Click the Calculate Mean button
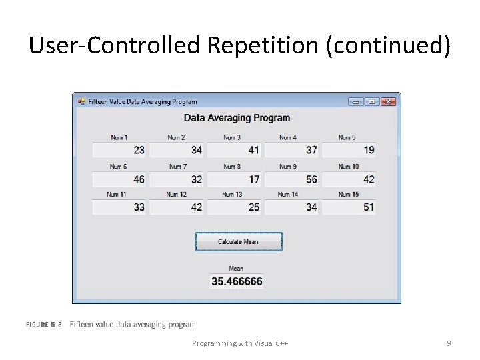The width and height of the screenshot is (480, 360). pyautogui.click(x=239, y=241)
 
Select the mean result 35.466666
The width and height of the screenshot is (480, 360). pyautogui.click(x=237, y=282)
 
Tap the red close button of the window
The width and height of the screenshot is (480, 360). pyautogui.click(x=389, y=101)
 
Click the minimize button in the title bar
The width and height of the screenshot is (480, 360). pyautogui.click(x=355, y=101)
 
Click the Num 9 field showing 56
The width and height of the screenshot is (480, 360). pyautogui.click(x=292, y=179)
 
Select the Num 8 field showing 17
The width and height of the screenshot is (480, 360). pyautogui.click(x=235, y=179)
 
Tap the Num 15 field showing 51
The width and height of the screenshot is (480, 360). pyautogui.click(x=349, y=207)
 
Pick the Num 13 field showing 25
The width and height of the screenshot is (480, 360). pyautogui.click(x=235, y=207)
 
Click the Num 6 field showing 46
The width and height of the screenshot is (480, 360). pyautogui.click(x=119, y=179)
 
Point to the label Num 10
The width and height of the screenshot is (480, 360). pyautogui.click(x=348, y=167)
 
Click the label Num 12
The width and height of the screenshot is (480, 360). pyautogui.click(x=177, y=195)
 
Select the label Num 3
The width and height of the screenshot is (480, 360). pyautogui.click(x=232, y=138)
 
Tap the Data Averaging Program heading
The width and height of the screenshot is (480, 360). pyautogui.click(x=237, y=118)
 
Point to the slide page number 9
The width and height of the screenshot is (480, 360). pyautogui.click(x=449, y=343)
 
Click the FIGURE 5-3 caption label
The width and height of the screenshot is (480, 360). pyautogui.click(x=44, y=325)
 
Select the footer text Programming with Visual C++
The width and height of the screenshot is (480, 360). pyautogui.click(x=240, y=343)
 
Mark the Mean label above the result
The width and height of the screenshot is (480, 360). pyautogui.click(x=236, y=269)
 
